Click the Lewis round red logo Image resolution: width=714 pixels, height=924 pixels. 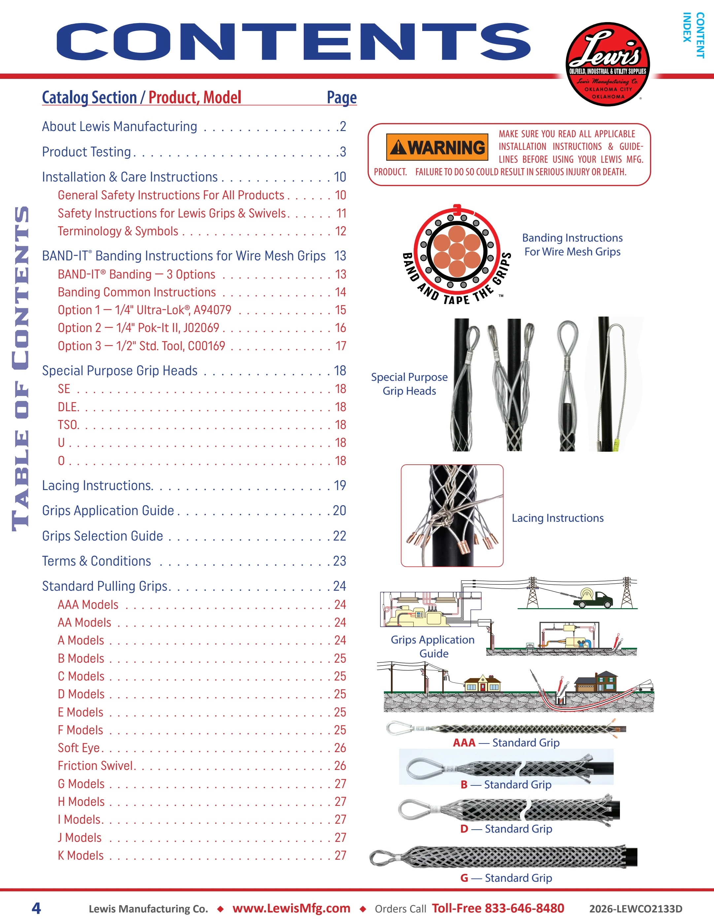(x=607, y=64)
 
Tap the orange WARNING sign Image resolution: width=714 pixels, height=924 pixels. (x=437, y=147)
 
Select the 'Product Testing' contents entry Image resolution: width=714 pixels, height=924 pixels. (x=86, y=152)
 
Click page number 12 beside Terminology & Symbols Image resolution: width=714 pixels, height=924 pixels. (x=341, y=231)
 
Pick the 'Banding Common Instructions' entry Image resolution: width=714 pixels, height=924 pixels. (x=137, y=292)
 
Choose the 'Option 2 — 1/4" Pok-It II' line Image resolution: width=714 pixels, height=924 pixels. (x=138, y=328)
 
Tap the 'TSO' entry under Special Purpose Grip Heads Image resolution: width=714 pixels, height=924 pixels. (x=68, y=425)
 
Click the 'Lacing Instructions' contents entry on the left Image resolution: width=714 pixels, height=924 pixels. (x=97, y=486)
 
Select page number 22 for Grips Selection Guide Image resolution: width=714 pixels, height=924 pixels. (x=339, y=536)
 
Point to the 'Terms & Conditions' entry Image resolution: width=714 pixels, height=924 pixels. (x=96, y=561)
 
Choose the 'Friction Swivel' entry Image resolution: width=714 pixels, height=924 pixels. (x=96, y=766)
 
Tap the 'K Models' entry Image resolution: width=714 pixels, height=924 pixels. (x=81, y=855)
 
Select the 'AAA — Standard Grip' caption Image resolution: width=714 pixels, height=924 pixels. (x=506, y=742)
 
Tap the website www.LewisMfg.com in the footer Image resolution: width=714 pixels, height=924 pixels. (x=291, y=908)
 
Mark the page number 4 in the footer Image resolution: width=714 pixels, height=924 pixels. (x=36, y=908)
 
